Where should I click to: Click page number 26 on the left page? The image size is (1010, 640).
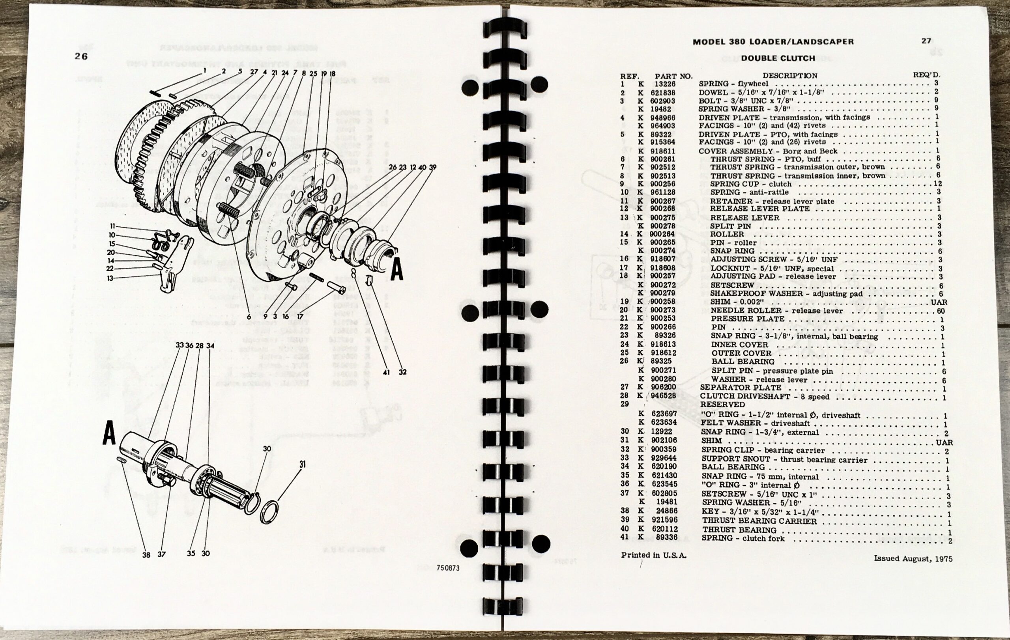[x=81, y=56]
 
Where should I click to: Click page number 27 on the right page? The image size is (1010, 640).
[x=926, y=41]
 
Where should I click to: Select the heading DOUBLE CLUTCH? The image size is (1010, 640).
[x=778, y=58]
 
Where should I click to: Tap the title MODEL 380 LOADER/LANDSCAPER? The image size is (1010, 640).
[x=772, y=42]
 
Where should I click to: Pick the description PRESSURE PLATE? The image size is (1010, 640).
[x=747, y=319]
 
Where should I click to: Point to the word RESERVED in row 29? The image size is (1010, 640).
[x=722, y=405]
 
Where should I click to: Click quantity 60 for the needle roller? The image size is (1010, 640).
[x=941, y=311]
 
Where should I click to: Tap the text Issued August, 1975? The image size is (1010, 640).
[x=913, y=559]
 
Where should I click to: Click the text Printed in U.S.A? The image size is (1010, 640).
[x=653, y=555]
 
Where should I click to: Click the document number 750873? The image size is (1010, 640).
[x=447, y=568]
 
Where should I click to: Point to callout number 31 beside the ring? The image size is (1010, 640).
[x=303, y=465]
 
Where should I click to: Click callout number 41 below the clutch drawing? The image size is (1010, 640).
[x=386, y=372]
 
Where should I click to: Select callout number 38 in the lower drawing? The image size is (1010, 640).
[x=146, y=555]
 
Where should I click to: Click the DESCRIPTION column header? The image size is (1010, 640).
[x=789, y=76]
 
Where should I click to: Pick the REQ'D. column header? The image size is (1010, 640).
[x=926, y=75]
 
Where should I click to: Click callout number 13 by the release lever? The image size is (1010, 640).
[x=110, y=278]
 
